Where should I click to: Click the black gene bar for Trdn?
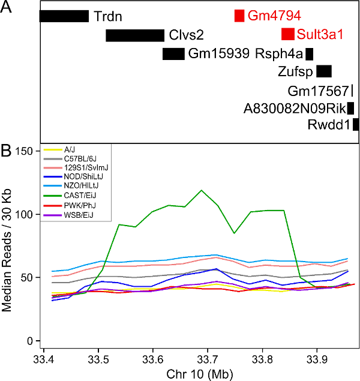64,16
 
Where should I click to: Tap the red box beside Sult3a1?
287,34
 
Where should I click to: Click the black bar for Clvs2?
134,35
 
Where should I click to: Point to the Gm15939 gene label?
219,54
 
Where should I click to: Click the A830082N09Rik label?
295,109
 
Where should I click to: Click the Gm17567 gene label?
318,91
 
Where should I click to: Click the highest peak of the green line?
201,190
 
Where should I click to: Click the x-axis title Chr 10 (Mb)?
200,374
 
